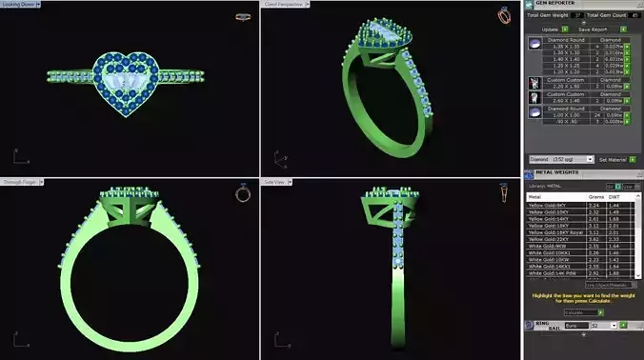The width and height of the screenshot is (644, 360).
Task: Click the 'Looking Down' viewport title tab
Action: tap(19, 4)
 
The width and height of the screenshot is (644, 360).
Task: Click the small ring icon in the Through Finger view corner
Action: tap(243, 193)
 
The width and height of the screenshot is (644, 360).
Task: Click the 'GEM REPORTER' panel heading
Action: tap(557, 4)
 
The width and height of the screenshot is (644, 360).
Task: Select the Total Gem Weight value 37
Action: tap(576, 15)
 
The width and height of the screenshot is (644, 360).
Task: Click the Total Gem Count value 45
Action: tap(634, 15)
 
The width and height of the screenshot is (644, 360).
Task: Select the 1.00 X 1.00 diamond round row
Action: tap(568, 115)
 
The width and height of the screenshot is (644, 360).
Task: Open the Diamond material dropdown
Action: tap(558, 159)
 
